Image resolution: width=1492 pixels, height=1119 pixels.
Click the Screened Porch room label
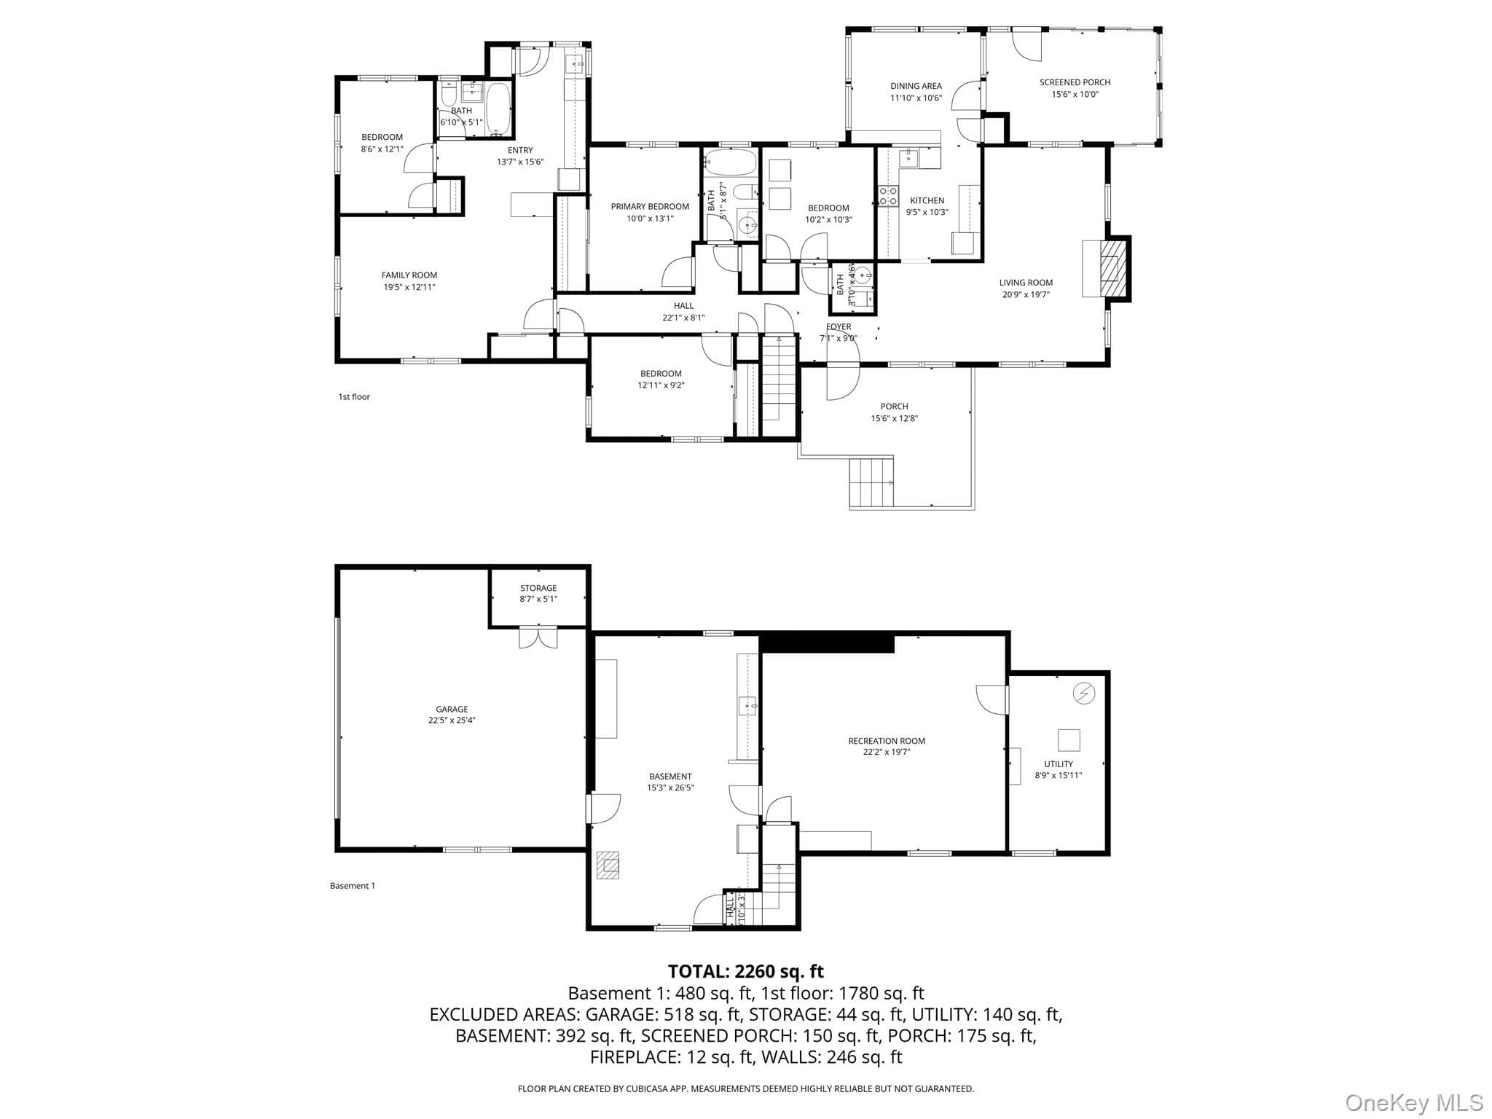(1075, 82)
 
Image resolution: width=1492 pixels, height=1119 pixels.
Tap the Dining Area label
(916, 86)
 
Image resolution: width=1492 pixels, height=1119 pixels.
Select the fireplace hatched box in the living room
(1109, 268)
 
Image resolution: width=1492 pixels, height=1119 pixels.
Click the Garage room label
(452, 709)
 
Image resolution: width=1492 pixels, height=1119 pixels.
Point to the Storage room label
(538, 588)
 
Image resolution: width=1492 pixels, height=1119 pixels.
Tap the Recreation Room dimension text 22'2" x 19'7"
(887, 753)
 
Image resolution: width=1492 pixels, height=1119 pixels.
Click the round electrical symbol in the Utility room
(1084, 693)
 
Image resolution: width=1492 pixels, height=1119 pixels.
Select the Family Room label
(409, 275)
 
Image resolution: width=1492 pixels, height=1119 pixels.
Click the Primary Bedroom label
(650, 207)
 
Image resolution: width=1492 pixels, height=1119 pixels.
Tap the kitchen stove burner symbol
(888, 196)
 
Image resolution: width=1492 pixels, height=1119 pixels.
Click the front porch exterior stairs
(871, 482)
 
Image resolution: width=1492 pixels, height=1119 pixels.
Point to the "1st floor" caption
(354, 397)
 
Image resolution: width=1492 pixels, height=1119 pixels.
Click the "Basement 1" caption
(353, 886)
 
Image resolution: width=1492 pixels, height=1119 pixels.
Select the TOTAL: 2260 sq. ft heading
(746, 971)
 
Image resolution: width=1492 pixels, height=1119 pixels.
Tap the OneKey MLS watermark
(1414, 1103)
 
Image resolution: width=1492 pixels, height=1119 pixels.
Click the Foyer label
(839, 327)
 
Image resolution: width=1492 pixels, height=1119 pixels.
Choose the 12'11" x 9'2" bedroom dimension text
(661, 385)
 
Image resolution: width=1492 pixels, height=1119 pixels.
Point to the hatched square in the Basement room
(608, 865)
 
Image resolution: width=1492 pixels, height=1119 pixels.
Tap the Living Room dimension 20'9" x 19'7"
(1026, 295)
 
